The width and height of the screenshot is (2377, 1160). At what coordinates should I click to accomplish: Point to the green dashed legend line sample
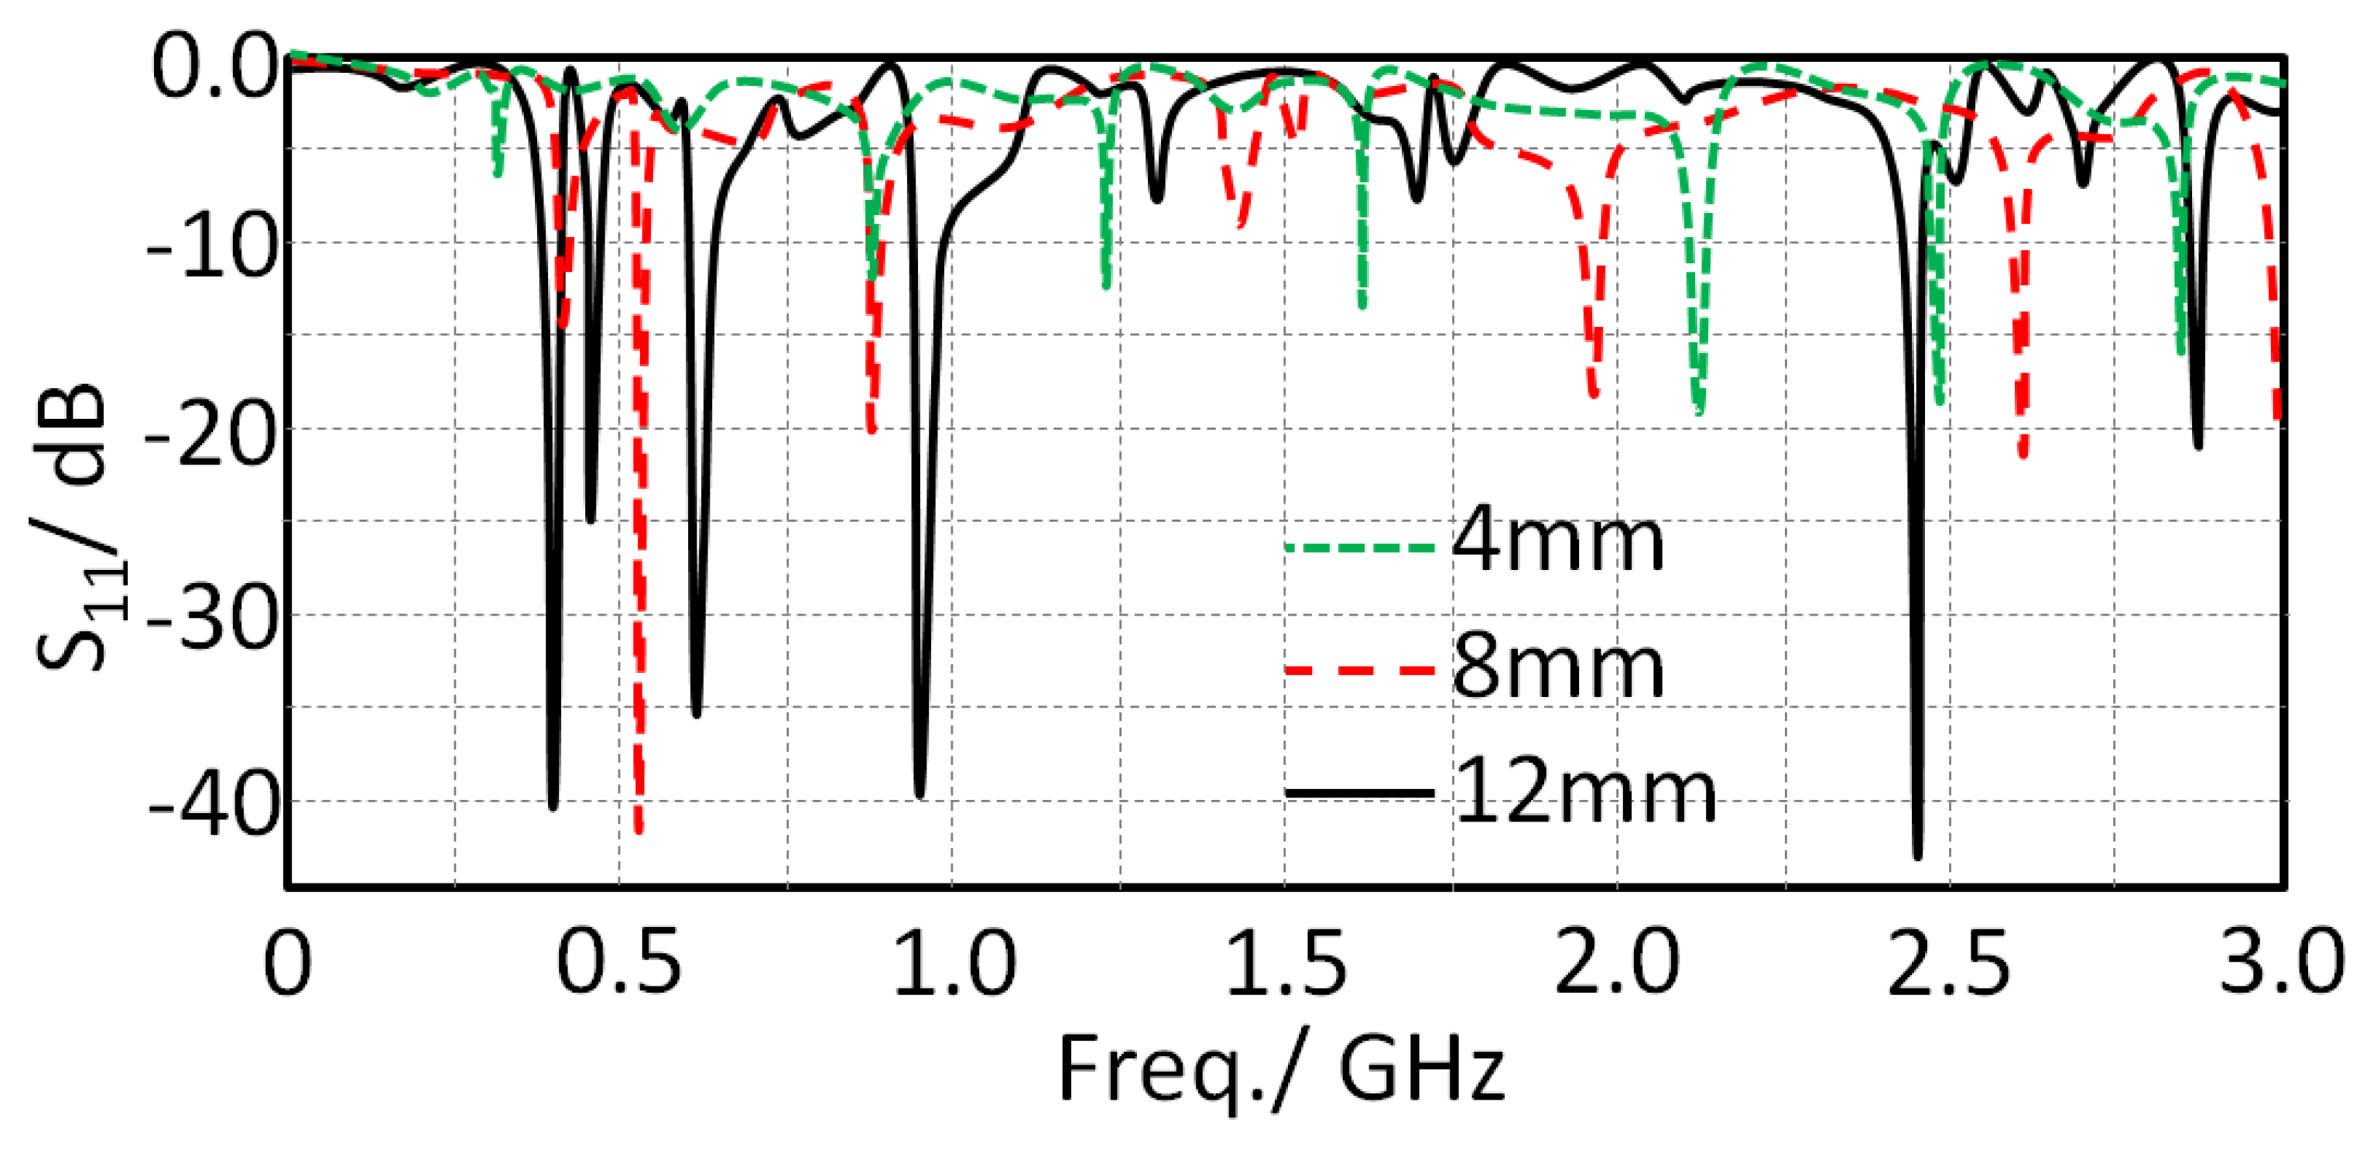(1359, 547)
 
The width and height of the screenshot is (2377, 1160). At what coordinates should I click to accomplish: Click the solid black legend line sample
(1359, 793)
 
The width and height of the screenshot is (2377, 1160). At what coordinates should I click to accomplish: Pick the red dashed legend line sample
(1359, 670)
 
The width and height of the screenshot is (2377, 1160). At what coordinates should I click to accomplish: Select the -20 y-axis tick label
(211, 434)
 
